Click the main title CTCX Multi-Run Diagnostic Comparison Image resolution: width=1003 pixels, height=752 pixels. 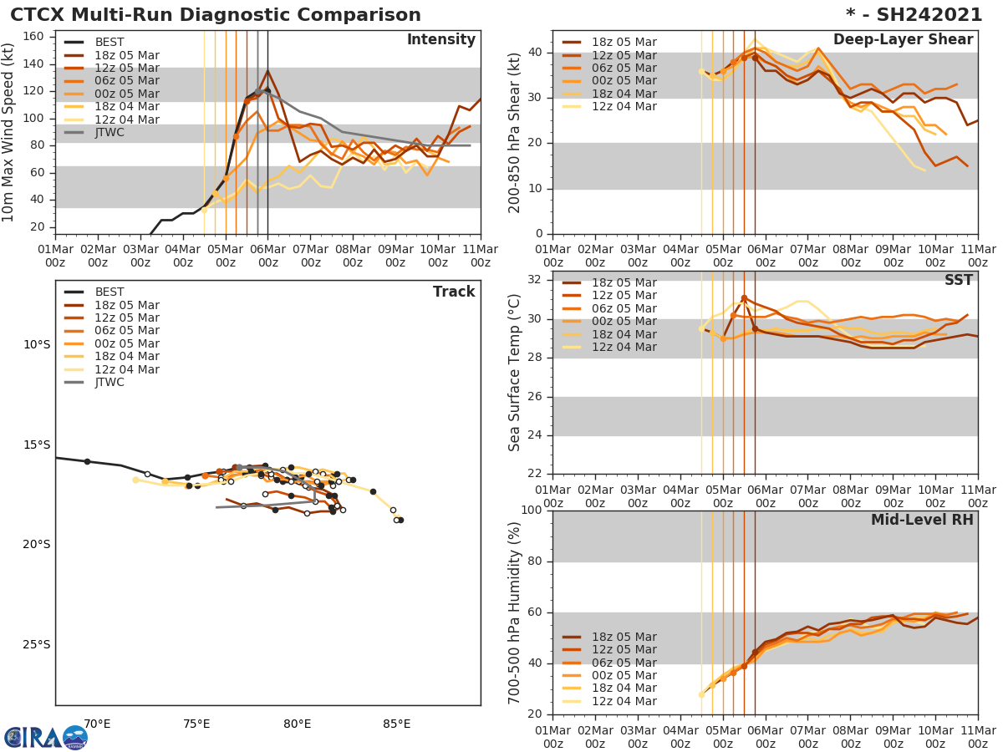[216, 15]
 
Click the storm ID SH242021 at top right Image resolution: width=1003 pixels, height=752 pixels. [914, 15]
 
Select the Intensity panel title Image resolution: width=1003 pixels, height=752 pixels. [440, 40]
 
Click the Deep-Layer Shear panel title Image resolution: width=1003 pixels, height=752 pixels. [903, 40]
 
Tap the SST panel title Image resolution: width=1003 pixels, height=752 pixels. [959, 280]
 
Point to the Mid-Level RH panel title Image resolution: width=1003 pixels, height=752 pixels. [922, 520]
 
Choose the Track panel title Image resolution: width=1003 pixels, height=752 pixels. [454, 292]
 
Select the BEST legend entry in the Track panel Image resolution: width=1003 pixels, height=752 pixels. [109, 292]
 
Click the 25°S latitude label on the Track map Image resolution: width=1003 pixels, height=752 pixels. [36, 645]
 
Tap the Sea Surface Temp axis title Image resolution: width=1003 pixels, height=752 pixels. [515, 372]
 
